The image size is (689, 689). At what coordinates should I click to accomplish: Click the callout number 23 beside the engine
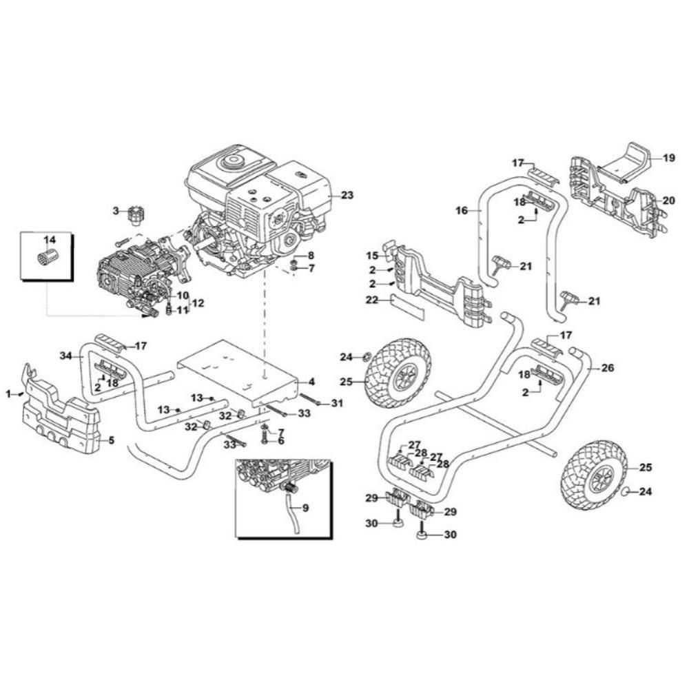tap(347, 195)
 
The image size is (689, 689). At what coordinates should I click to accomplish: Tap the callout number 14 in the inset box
tap(50, 240)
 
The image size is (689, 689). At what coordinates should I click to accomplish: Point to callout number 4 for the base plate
tap(311, 382)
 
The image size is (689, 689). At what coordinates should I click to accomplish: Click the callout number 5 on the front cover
tap(111, 440)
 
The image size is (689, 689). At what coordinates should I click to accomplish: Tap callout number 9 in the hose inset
tap(305, 508)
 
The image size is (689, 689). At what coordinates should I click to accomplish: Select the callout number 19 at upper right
tap(669, 157)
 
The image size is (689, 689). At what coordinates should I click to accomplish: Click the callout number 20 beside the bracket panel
tap(668, 200)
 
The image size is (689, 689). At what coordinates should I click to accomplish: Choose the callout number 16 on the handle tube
tap(462, 211)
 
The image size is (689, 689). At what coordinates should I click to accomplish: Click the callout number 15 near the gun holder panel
tap(372, 256)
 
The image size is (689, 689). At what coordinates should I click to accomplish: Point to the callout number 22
tap(372, 300)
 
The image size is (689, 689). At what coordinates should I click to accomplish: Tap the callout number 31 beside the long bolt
tap(337, 403)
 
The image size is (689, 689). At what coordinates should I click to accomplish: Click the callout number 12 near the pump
tap(198, 302)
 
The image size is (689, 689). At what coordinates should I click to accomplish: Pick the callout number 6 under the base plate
tap(280, 441)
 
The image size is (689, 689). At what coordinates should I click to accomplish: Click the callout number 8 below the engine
tap(311, 256)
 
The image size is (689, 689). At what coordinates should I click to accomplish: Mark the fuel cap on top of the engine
tap(233, 162)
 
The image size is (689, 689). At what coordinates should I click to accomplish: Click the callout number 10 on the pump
tap(183, 295)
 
